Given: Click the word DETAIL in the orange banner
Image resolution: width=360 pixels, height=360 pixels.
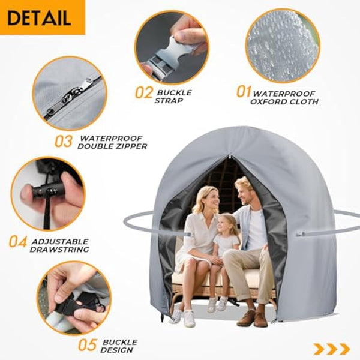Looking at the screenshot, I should coord(40,17).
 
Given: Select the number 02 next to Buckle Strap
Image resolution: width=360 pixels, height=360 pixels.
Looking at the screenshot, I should coord(145,93).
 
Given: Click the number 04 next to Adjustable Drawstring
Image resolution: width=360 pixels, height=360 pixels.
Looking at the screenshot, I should coord(18,241).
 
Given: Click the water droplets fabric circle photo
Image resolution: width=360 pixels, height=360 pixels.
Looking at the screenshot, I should coord(282,45).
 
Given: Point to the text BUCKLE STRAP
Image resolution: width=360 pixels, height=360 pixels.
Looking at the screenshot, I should coord(174,97).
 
